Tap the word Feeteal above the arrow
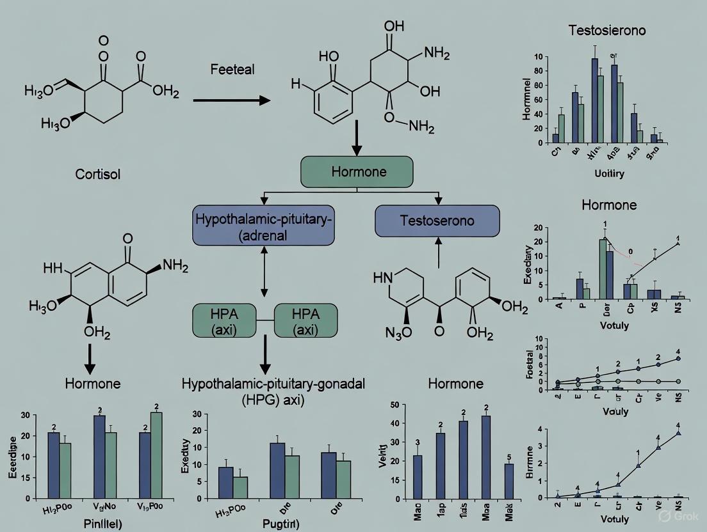(x=232, y=69)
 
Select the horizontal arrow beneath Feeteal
(x=231, y=100)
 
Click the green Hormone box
(x=357, y=171)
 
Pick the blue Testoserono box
(x=437, y=221)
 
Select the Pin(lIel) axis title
(x=94, y=523)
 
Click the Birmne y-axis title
(x=529, y=461)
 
